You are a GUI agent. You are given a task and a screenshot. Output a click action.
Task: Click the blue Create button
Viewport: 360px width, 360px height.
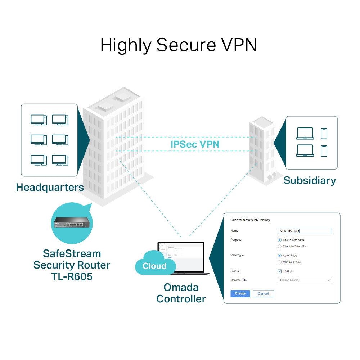tap(240, 293)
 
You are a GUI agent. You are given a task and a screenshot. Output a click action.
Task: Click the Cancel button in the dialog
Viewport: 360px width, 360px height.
tap(263, 293)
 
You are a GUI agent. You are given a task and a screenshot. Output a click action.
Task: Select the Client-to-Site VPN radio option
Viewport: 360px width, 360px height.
tap(280, 246)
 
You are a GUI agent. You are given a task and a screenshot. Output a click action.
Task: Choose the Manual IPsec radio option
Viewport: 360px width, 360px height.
tap(280, 262)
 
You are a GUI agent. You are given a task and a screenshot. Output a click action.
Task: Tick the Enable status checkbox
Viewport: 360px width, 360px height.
tap(280, 271)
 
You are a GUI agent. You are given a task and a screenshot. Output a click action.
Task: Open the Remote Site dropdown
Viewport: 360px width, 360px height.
tap(305, 280)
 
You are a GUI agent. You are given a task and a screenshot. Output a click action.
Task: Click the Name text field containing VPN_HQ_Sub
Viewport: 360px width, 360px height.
tap(305, 231)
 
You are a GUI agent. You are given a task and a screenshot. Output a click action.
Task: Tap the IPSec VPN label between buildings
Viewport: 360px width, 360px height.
tap(195, 144)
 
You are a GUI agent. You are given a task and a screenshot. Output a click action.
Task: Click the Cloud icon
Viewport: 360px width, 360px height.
tap(155, 266)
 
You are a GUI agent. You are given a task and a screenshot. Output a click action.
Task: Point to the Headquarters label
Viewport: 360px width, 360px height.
tap(50, 187)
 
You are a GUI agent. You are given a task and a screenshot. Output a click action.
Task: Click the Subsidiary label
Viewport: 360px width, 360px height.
tap(310, 180)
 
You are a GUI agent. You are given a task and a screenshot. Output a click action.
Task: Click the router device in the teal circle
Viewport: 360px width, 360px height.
tap(72, 223)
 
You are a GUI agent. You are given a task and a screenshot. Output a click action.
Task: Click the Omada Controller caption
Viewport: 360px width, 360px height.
tap(181, 293)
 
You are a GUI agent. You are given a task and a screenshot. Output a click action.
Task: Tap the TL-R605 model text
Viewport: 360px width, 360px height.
tap(72, 276)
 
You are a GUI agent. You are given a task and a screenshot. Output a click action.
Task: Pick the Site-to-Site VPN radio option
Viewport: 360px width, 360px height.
tap(280, 240)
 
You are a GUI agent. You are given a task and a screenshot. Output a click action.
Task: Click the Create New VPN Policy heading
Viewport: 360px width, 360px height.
tap(250, 220)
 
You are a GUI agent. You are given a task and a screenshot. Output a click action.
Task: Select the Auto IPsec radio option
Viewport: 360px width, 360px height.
tap(280, 255)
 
